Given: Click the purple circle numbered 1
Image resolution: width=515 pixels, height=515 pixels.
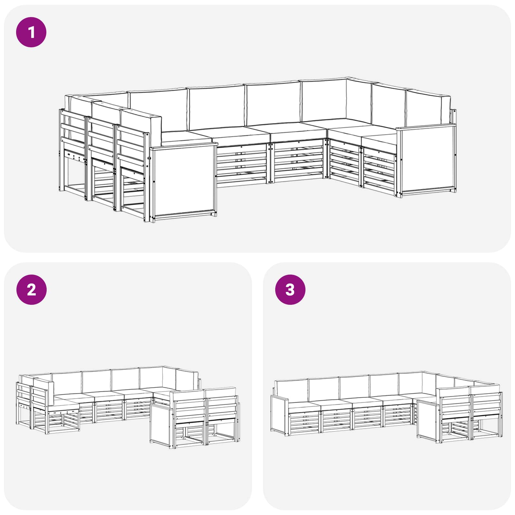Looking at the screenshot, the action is pos(31,33).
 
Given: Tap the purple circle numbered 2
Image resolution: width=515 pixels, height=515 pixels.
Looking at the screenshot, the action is pos(31,290).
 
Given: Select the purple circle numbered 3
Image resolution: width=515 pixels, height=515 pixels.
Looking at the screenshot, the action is pos(290,290).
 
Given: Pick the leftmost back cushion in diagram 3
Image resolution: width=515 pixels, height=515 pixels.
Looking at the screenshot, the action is pos(291,390).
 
